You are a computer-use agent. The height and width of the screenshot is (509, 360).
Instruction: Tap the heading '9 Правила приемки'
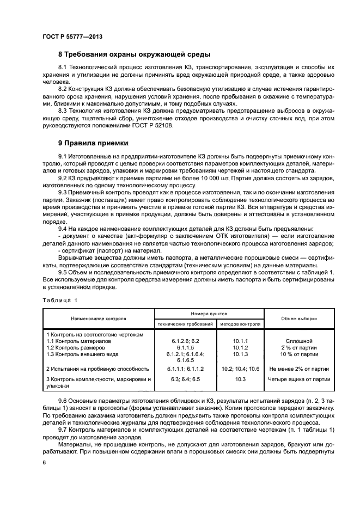coord(93,144)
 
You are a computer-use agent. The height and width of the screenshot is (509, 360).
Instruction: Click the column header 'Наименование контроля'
coord(98,318)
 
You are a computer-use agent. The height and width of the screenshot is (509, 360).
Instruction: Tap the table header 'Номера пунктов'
coord(209,314)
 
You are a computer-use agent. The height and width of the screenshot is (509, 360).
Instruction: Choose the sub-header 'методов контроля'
coord(240,324)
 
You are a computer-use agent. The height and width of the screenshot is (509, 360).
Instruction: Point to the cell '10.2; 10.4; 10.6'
coord(240,369)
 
